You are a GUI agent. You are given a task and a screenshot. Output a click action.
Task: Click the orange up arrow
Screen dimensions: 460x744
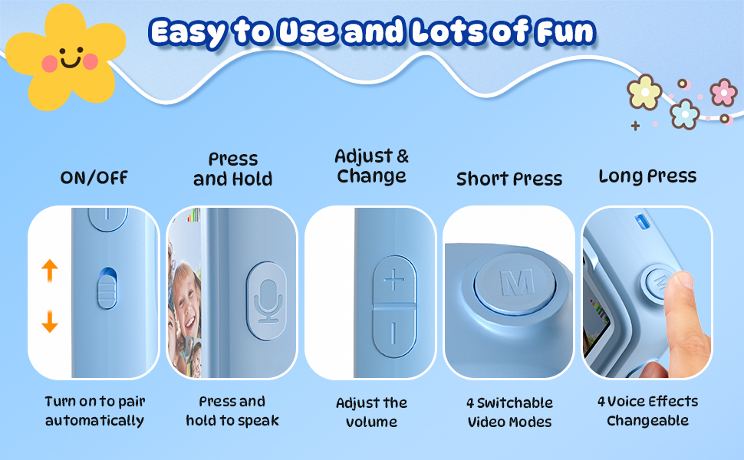click(x=50, y=270)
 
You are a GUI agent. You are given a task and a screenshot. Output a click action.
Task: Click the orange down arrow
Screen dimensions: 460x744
click(x=50, y=321)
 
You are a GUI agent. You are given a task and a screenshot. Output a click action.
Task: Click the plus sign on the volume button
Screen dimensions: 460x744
click(x=393, y=281)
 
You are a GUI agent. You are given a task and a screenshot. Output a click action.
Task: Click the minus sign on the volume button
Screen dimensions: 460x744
click(x=393, y=332)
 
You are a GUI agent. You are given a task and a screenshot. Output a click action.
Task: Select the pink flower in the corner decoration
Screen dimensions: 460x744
click(x=723, y=92)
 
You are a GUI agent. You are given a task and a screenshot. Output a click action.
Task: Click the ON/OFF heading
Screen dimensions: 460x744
click(x=94, y=178)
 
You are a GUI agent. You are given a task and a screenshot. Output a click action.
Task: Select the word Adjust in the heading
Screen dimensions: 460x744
click(x=364, y=156)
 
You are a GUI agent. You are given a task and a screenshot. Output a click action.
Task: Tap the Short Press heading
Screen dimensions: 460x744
click(x=509, y=179)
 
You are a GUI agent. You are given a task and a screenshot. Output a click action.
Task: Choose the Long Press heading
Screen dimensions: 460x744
click(x=647, y=176)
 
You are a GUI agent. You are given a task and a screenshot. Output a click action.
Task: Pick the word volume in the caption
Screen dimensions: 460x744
click(x=372, y=422)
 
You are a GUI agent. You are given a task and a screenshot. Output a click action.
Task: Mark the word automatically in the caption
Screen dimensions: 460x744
click(x=94, y=420)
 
